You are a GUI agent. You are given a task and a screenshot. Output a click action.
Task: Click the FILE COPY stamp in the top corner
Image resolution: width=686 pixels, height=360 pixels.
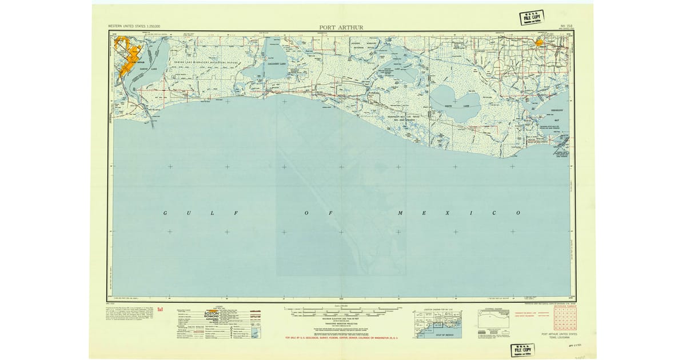tap(531, 18)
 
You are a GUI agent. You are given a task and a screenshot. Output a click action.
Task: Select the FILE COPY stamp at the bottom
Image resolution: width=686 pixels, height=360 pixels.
tap(522, 350)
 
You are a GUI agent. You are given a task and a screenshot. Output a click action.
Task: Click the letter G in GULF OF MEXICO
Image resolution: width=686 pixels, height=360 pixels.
tap(165, 213)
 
